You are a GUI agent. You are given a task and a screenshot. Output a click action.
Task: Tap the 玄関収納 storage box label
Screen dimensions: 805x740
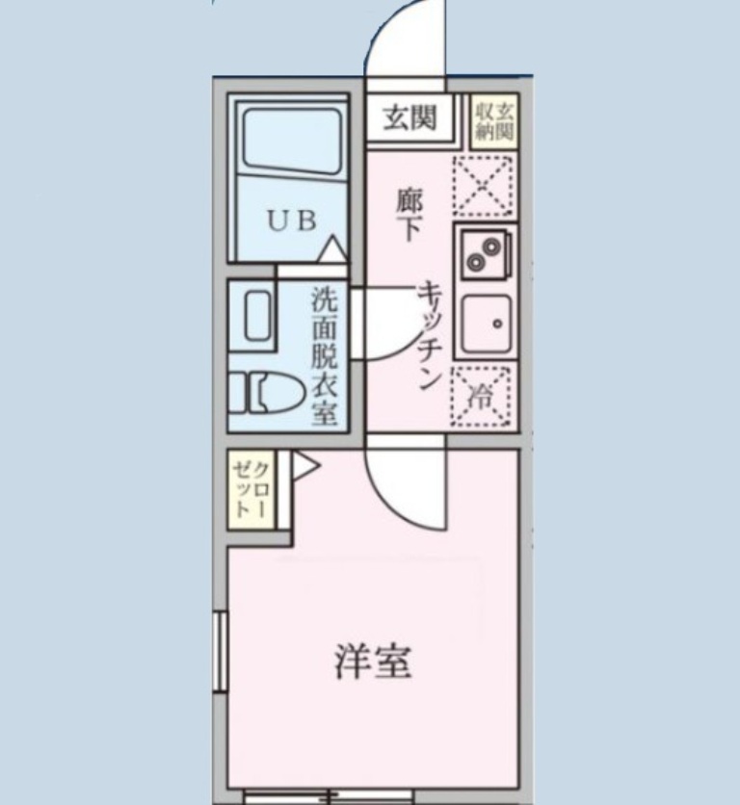493,121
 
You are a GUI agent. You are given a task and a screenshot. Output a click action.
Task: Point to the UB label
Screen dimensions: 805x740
291,221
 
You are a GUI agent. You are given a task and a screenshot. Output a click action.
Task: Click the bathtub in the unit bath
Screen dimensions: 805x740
292,140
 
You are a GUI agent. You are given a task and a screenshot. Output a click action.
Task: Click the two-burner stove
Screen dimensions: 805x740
485,253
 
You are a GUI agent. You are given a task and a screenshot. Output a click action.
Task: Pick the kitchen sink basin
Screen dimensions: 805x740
486,323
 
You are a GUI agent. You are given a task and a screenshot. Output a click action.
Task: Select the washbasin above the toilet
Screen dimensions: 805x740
257,315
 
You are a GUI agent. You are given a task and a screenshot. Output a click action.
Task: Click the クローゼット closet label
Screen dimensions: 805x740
251,489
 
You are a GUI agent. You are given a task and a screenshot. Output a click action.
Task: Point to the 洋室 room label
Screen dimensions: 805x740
374,662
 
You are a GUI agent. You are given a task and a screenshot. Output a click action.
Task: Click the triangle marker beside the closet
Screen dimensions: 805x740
304,466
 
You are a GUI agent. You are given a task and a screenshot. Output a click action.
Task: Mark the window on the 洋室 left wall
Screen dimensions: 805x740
220,651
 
